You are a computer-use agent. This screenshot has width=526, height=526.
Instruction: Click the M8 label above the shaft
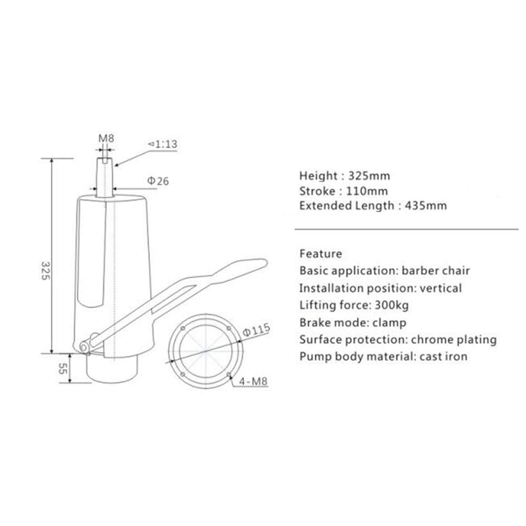pos(107,139)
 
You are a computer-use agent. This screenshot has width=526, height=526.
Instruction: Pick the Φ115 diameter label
pos(257,330)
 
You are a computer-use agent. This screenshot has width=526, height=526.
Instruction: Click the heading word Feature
pos(320,254)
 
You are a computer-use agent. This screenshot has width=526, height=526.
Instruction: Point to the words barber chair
pos(436,271)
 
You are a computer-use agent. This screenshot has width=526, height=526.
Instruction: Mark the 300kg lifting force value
pos(397,305)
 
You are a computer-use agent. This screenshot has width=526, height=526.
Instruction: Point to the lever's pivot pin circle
pos(84,346)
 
